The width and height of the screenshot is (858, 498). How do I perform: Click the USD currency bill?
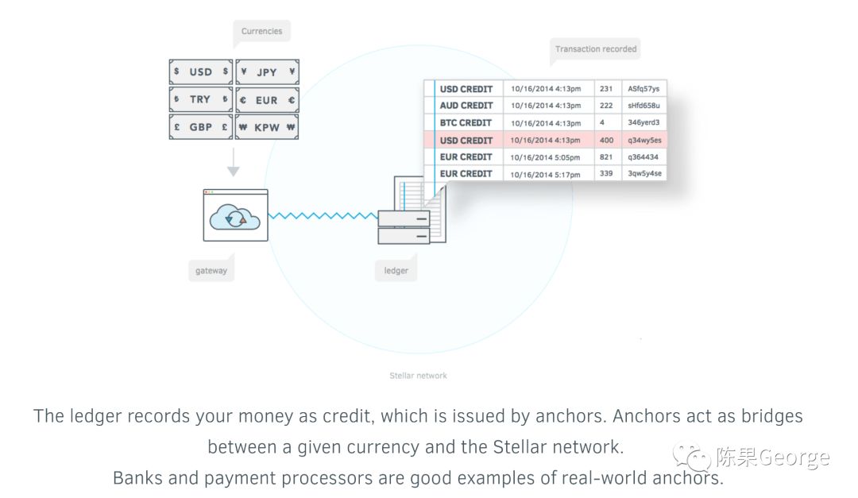[201, 72]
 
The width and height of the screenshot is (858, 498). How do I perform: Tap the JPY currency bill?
[267, 72]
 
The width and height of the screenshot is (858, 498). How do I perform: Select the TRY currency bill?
[201, 99]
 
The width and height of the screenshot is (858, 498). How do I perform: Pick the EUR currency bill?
[267, 100]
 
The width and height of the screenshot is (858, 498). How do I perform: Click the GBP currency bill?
[201, 126]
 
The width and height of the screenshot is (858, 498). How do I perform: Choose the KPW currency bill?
[267, 126]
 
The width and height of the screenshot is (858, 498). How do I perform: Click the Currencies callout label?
[261, 32]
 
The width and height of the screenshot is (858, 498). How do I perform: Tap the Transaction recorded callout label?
[595, 49]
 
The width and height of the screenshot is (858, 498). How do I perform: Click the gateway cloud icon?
[235, 215]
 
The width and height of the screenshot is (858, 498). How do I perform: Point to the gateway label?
[211, 271]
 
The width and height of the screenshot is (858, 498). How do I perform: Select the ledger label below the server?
[396, 271]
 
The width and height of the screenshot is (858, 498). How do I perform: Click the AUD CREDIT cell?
[466, 106]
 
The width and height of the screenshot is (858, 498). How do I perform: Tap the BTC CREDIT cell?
[466, 123]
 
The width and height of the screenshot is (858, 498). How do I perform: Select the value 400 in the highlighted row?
[605, 141]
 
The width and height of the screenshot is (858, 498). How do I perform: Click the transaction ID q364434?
[643, 157]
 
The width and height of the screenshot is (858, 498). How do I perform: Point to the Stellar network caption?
[418, 376]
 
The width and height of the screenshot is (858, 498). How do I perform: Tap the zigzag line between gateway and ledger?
[323, 215]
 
